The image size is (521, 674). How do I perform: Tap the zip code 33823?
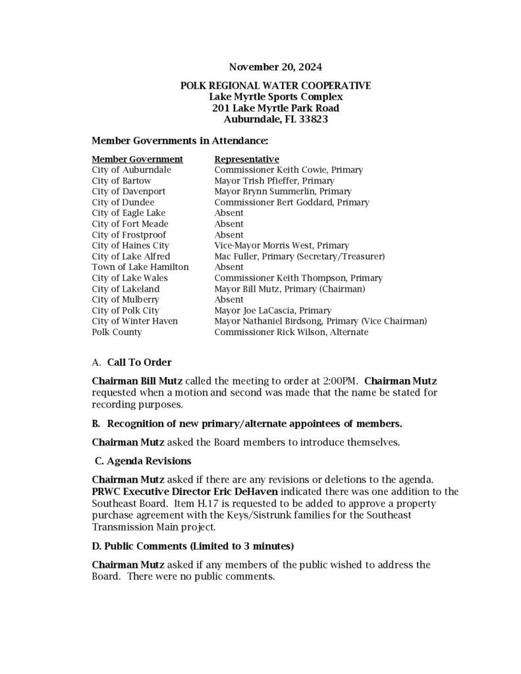tap(310, 120)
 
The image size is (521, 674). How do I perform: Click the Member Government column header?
tap(137, 159)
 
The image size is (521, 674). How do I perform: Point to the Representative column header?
tap(246, 159)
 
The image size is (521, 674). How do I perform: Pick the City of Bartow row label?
tap(121, 180)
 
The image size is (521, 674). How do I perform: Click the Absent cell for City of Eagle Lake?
tap(229, 213)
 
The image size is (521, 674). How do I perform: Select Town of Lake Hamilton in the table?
tap(140, 267)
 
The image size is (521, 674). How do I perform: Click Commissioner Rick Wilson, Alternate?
tap(291, 332)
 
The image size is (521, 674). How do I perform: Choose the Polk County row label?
tap(117, 332)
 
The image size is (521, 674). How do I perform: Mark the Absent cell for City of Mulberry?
tap(229, 299)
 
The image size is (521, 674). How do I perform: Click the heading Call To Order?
tap(138, 363)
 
